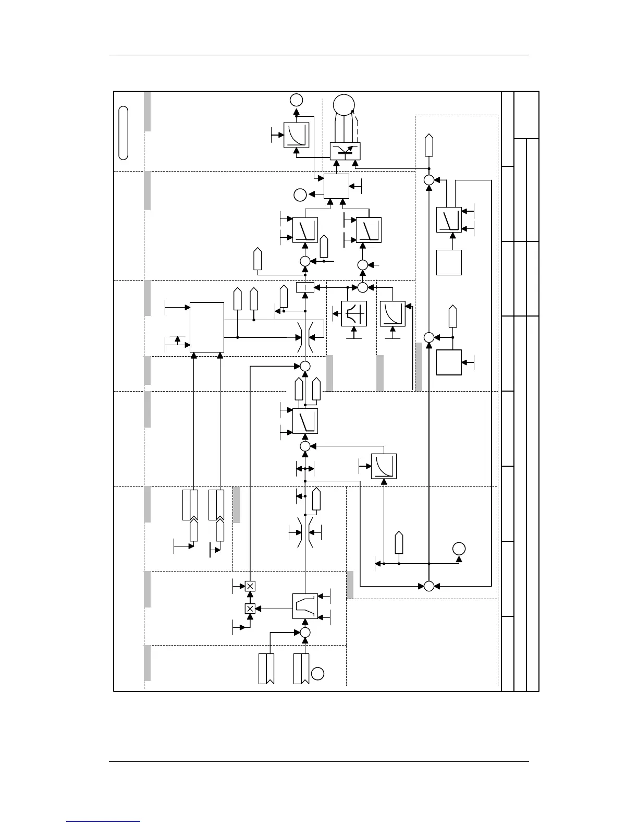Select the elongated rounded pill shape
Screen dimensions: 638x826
pyautogui.click(x=123, y=132)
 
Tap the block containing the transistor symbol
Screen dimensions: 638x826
pyautogui.click(x=345, y=151)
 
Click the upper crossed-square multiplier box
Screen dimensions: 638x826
pyautogui.click(x=250, y=586)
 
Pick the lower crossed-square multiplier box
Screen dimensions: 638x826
pyautogui.click(x=250, y=608)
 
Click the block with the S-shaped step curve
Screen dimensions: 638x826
pyautogui.click(x=305, y=606)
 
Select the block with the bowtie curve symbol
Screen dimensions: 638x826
pyautogui.click(x=354, y=313)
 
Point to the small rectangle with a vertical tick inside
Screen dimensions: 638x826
pyautogui.click(x=305, y=287)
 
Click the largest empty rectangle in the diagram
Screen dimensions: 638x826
pyautogui.click(x=207, y=327)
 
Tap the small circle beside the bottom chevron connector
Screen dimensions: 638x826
pyautogui.click(x=318, y=673)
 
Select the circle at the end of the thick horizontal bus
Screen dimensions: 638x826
pyautogui.click(x=459, y=549)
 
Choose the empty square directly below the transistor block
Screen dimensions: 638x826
pyautogui.click(x=336, y=186)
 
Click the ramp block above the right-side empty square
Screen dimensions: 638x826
pyautogui.click(x=449, y=220)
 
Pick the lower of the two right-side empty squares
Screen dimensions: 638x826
pyautogui.click(x=449, y=362)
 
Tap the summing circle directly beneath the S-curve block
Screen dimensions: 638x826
pyautogui.click(x=305, y=632)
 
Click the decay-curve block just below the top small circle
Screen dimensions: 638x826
pyautogui.click(x=296, y=135)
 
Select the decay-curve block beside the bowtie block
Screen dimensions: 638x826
pyautogui.click(x=392, y=313)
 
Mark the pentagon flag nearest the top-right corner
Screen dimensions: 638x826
pyautogui.click(x=428, y=145)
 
